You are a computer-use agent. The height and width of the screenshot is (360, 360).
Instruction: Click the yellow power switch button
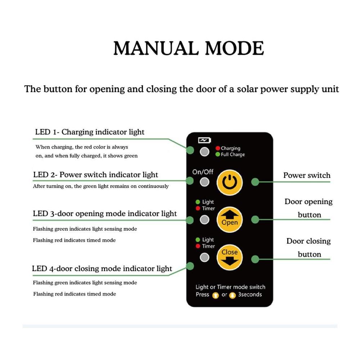click(x=230, y=182)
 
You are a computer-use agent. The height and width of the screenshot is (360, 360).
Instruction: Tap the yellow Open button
click(x=230, y=220)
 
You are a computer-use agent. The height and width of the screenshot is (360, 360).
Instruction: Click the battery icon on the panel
click(x=204, y=140)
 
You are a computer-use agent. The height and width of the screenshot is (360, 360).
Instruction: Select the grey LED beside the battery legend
click(x=204, y=152)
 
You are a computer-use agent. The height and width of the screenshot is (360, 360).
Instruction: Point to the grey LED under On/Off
click(x=204, y=182)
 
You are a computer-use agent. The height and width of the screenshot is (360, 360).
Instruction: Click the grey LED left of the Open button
click(x=204, y=220)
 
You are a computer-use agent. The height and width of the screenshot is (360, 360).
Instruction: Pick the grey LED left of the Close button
click(x=204, y=257)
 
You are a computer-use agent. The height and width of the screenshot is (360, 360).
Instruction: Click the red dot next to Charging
click(x=218, y=148)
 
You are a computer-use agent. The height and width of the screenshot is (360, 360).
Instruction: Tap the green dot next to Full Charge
click(x=218, y=154)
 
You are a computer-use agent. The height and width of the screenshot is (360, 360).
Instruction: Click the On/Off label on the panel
click(x=203, y=172)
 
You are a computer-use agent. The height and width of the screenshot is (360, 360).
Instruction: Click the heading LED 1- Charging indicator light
click(x=90, y=132)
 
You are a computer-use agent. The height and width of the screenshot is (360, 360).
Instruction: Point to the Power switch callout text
click(x=307, y=175)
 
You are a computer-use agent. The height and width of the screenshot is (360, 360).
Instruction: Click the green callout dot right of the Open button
click(x=255, y=220)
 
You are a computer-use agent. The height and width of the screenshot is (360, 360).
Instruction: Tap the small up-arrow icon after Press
click(x=215, y=295)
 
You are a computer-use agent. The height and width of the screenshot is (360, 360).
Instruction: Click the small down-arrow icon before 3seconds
click(x=232, y=295)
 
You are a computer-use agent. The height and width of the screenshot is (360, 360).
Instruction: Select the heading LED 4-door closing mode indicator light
click(x=102, y=269)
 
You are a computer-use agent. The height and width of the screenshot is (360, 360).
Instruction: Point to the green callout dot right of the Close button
click(x=255, y=259)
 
